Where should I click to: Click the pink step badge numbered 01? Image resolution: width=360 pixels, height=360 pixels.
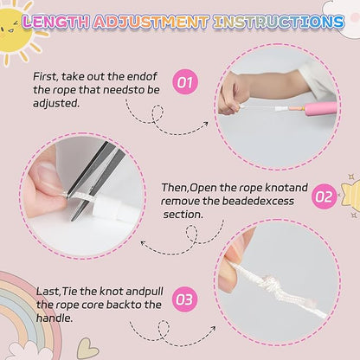(185, 82)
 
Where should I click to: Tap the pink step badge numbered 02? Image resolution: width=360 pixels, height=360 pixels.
(324, 196)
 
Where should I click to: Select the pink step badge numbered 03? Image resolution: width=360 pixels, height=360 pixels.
(184, 299)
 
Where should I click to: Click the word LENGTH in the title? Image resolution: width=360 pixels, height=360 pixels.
(55, 22)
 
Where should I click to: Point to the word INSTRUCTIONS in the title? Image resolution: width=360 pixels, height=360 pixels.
(279, 22)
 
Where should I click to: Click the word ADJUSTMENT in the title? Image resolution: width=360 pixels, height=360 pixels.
(151, 22)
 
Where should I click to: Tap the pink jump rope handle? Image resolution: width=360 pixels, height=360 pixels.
(320, 109)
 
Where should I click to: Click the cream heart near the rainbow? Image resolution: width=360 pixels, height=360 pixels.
(87, 349)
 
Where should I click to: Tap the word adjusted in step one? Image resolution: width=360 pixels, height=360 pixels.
(56, 103)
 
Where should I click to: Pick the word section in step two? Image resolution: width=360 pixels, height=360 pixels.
(183, 215)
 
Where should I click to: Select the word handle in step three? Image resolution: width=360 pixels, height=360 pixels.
(55, 318)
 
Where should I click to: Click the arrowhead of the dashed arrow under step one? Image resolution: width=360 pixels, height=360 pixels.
(205, 124)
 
